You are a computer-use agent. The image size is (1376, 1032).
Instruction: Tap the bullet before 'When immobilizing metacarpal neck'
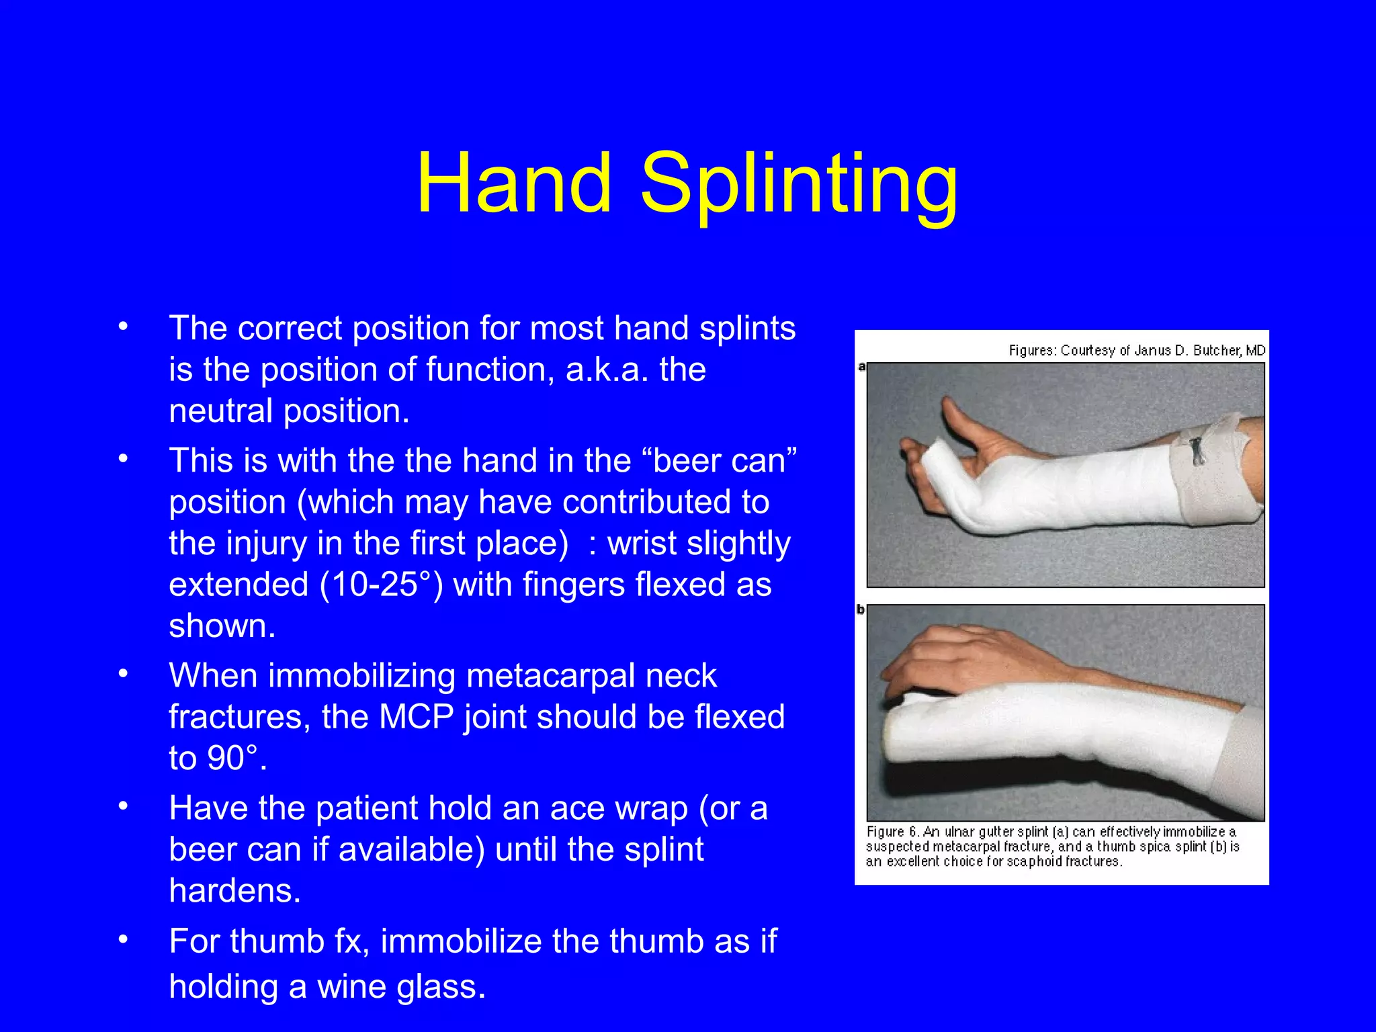(122, 674)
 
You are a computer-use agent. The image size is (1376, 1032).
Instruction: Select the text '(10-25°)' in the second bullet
(381, 584)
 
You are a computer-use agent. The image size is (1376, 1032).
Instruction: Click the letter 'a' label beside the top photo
(861, 367)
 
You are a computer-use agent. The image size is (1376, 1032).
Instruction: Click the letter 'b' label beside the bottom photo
(861, 610)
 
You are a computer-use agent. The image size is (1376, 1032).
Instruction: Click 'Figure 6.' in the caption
(892, 832)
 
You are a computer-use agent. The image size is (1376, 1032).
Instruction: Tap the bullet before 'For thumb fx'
(122, 939)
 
